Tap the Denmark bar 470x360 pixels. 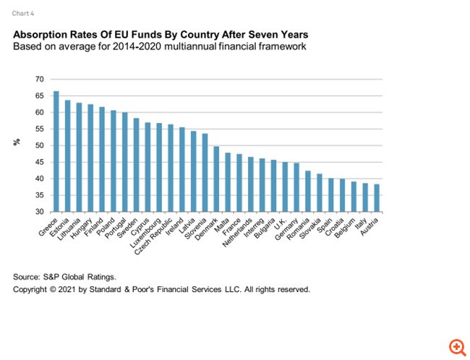[x=216, y=179]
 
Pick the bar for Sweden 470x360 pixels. [x=136, y=165]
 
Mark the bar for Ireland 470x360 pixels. [x=181, y=170]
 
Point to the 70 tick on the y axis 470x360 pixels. [x=39, y=80]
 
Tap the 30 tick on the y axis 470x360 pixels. [x=39, y=213]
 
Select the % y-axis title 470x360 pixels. [x=17, y=142]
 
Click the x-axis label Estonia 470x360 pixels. [x=59, y=227]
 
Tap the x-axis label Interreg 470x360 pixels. [x=256, y=228]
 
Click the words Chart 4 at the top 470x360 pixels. [x=22, y=12]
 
